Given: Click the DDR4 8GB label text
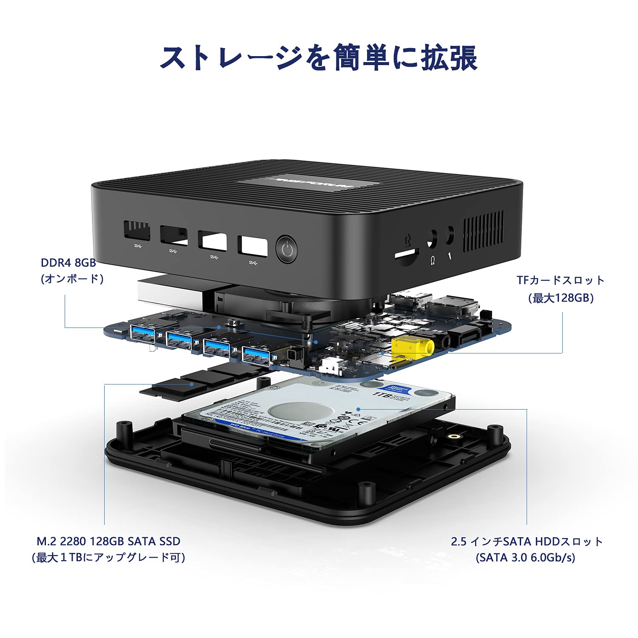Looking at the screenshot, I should point(68,262).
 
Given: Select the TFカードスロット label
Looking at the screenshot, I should point(561,280).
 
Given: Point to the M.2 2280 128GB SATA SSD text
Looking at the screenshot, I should point(108,541).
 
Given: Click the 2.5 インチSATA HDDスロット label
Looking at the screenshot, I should point(527,541).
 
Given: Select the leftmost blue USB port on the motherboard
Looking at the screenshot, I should point(142,333).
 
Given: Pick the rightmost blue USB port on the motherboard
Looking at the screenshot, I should point(256,355).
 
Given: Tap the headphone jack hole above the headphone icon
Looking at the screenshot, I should point(432,239).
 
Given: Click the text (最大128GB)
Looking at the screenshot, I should point(561,298).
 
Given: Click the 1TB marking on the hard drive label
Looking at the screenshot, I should point(380,394).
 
